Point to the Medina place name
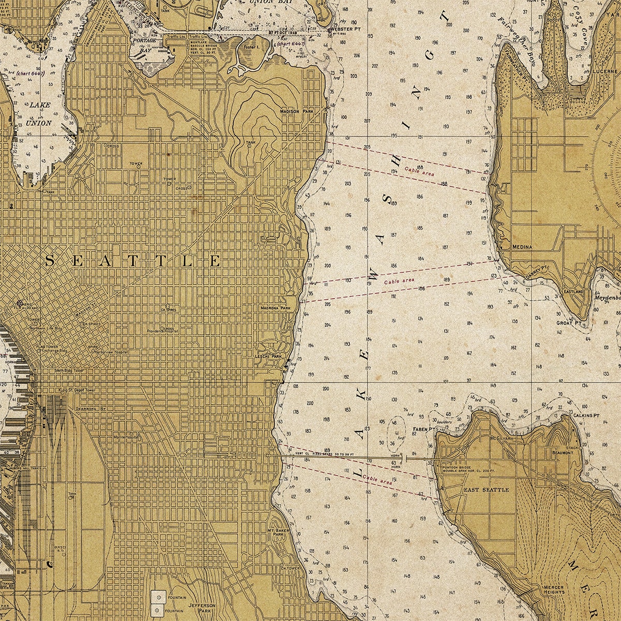click(522, 247)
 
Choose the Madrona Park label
click(276, 307)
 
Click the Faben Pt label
click(424, 430)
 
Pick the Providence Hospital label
click(162, 331)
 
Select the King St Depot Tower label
click(77, 390)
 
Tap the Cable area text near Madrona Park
click(399, 281)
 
